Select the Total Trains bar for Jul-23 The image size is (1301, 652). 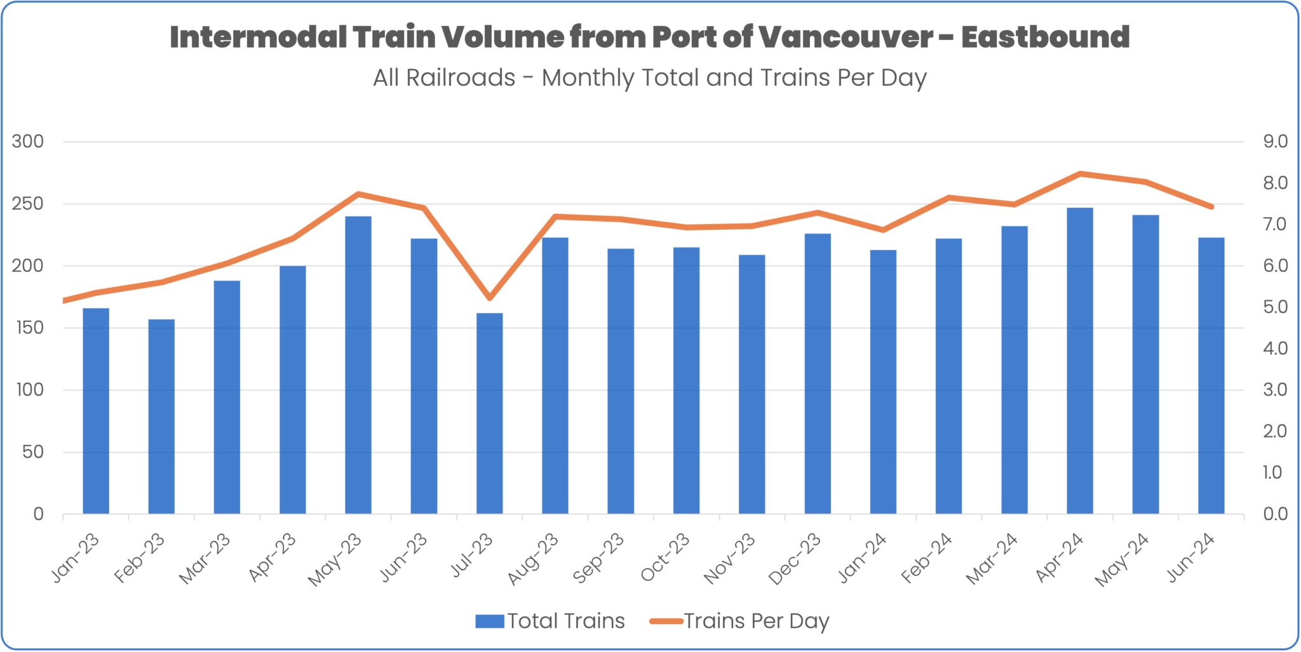[x=489, y=413]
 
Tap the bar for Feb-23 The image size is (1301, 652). [x=161, y=416]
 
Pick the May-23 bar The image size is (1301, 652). [x=358, y=365]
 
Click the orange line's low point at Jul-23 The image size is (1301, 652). [x=489, y=298]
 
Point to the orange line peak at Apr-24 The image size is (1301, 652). [x=1080, y=173]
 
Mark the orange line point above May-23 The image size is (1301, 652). [x=358, y=194]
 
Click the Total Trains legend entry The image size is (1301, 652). [x=550, y=621]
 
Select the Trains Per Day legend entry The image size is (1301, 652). [x=740, y=621]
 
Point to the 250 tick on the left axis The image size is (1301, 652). [x=28, y=204]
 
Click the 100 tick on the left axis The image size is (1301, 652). [x=30, y=390]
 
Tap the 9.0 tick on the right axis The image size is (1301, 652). [x=1274, y=142]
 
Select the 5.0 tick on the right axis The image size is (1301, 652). [x=1274, y=307]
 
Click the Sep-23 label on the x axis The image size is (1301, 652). [x=599, y=558]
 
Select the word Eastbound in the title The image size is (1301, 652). [x=1045, y=37]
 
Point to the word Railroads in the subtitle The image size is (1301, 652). [x=461, y=78]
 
